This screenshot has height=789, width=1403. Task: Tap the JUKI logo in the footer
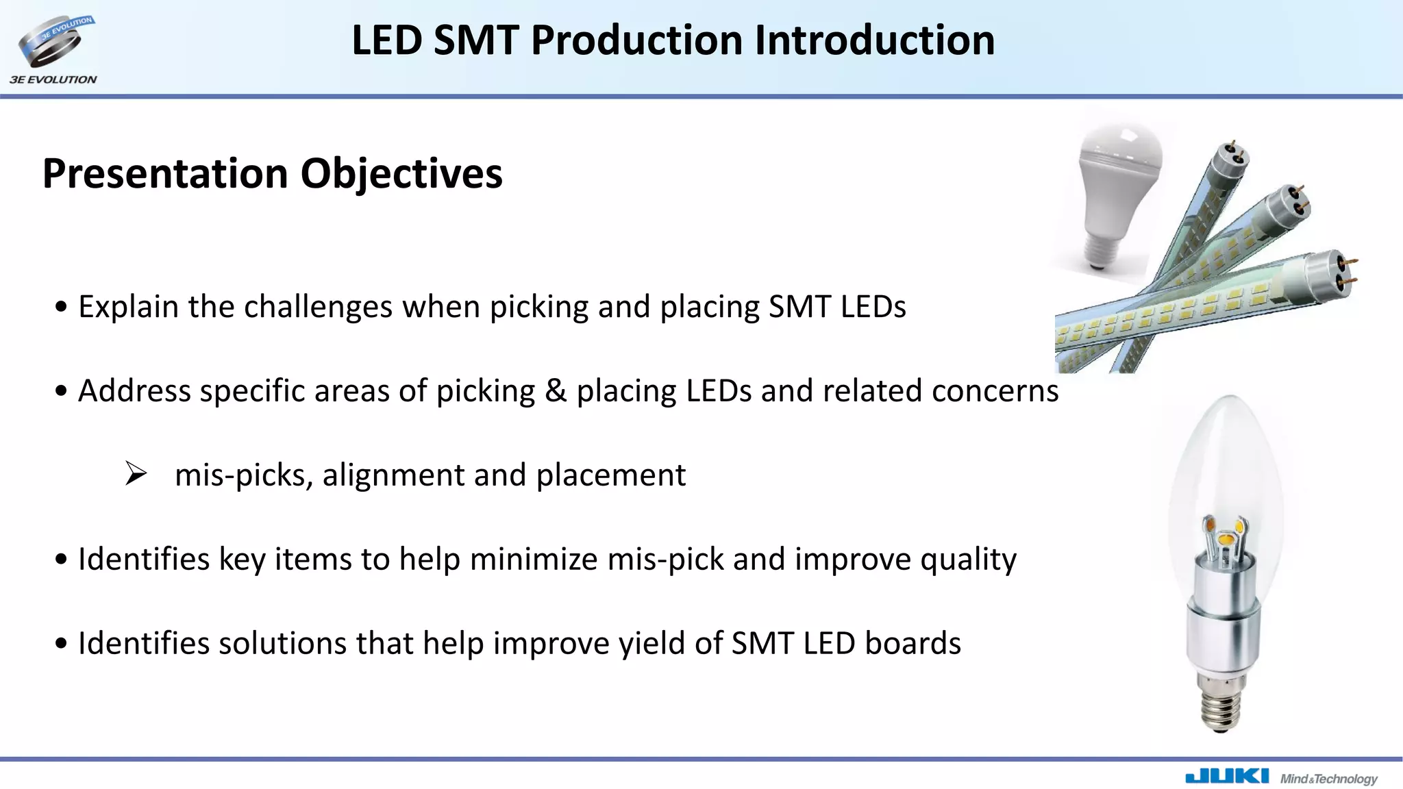pos(1226,777)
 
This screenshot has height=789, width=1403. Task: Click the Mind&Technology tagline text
pos(1328,779)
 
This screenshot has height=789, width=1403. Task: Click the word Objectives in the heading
pos(401,173)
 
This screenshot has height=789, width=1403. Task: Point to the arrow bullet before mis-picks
pos(136,474)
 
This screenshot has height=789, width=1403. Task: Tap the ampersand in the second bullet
pos(556,390)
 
